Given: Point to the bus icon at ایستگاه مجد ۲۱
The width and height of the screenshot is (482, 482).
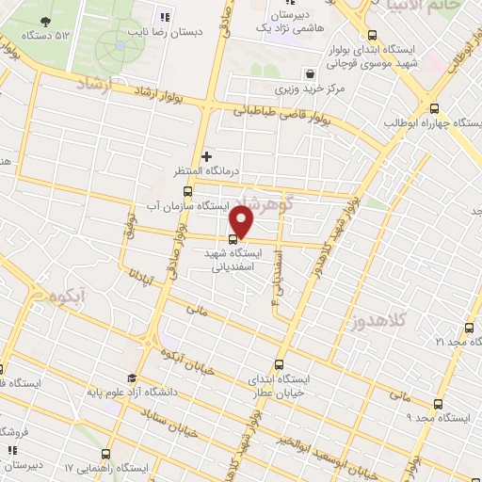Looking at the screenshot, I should coord(470,329).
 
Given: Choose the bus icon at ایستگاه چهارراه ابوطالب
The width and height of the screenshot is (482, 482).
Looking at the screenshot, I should coord(434,109).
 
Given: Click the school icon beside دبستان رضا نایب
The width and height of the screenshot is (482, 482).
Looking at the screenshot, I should coord(166,17).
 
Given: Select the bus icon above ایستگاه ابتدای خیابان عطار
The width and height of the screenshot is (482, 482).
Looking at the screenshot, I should coord(279,365).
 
